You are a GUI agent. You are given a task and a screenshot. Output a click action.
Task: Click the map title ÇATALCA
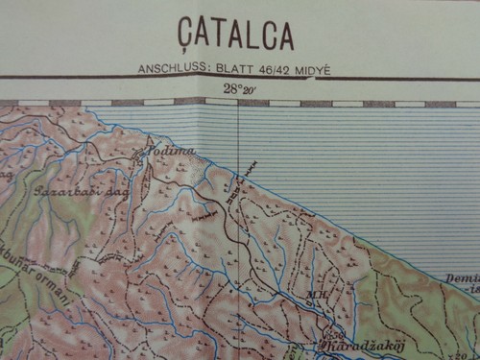(235, 35)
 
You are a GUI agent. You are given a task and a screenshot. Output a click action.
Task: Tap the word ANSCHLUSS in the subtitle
(171, 68)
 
